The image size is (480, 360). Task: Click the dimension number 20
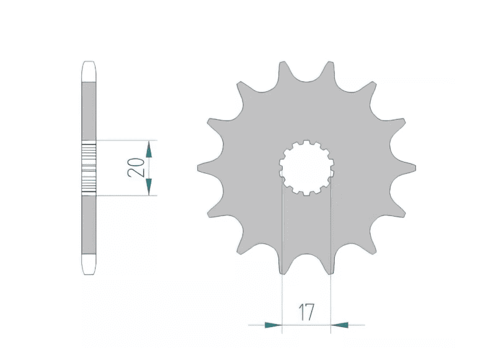[136, 168]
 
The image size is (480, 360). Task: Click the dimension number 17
[306, 312]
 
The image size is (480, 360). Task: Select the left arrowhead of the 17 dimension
[273, 325]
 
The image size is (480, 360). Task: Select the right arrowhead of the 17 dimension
[339, 325]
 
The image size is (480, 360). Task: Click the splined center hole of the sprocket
[306, 168]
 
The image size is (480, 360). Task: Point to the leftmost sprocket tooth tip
[198, 168]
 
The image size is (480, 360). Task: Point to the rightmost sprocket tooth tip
[416, 168]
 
